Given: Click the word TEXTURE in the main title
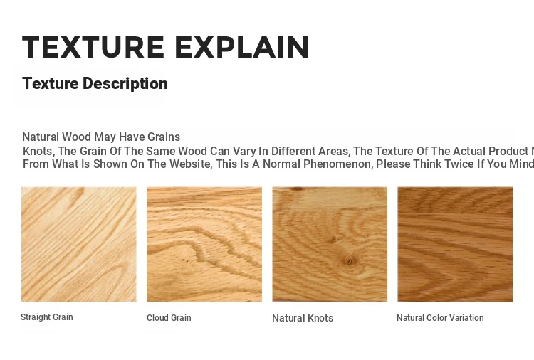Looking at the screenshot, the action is point(93,47).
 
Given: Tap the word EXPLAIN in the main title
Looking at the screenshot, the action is point(242,47).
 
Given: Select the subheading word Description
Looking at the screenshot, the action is point(125,84).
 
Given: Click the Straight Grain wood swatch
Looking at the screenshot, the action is point(79,244).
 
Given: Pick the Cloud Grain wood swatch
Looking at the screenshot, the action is point(204,244).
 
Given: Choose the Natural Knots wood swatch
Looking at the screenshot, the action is point(330,244).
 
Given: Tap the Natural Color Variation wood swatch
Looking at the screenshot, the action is point(455,244).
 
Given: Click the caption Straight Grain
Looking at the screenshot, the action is point(47,317).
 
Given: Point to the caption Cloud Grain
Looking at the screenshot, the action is point(169,318).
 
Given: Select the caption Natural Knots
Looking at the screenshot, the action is point(303,318).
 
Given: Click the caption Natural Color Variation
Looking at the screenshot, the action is point(440,318).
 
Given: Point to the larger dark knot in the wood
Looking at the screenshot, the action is point(350,261).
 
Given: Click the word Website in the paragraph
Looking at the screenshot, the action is point(189,164).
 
